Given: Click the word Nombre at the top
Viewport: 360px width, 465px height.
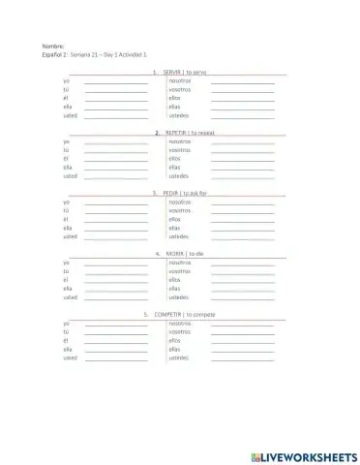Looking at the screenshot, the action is pos(52,46).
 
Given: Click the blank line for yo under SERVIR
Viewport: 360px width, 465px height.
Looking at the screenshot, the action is pos(116,81).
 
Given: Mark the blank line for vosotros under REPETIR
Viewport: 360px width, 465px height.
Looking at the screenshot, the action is pos(242,151).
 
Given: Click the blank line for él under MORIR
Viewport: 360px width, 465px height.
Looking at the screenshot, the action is pos(116,281).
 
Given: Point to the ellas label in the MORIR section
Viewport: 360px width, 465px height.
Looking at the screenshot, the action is pos(175,289).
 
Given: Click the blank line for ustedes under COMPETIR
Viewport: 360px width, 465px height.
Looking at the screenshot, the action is pos(242,359).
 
